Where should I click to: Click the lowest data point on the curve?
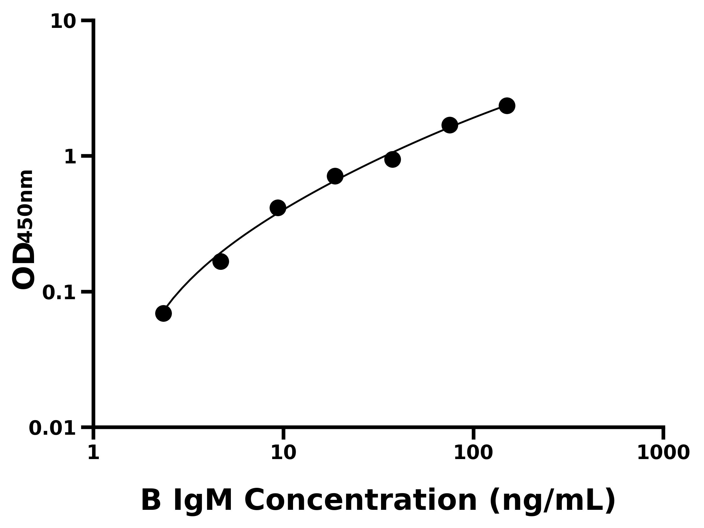(164, 314)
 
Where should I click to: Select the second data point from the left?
(221, 262)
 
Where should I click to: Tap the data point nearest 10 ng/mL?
(278, 208)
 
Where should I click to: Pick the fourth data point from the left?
(335, 176)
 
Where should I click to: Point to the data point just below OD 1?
(392, 160)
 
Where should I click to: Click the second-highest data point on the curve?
(450, 125)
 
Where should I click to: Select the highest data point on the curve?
(507, 106)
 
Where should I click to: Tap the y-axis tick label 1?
(70, 157)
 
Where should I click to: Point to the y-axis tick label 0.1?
(59, 293)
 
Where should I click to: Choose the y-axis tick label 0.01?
(53, 428)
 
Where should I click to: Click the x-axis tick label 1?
(94, 452)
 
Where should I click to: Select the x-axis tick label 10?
(283, 452)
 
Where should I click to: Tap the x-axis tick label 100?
(473, 452)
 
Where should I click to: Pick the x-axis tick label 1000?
(663, 452)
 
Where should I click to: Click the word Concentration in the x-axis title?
(361, 501)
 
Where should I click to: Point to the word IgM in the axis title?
(203, 501)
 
